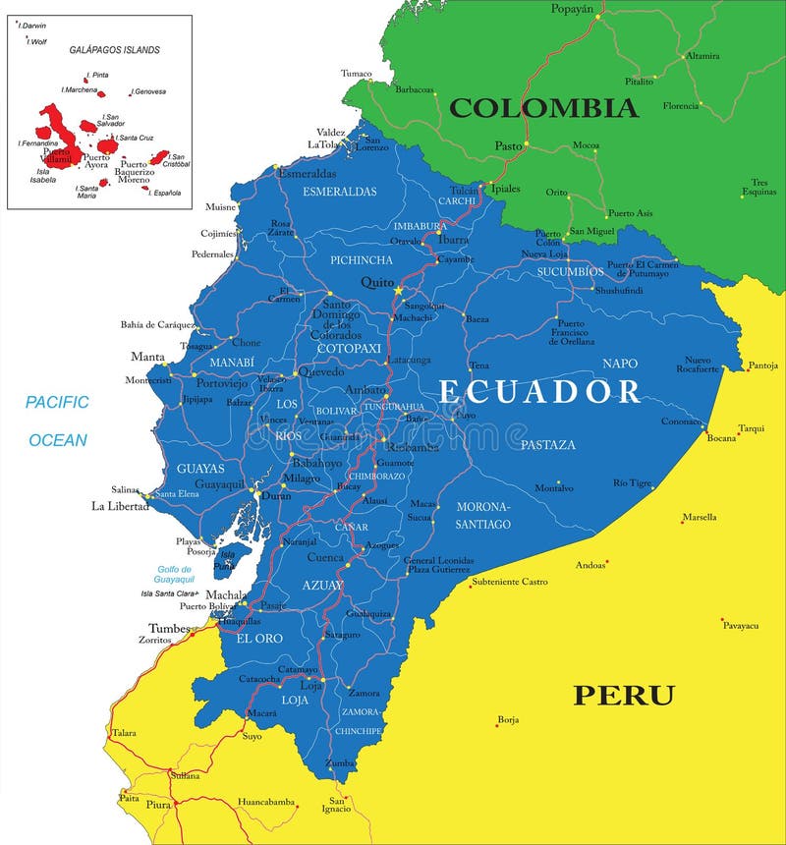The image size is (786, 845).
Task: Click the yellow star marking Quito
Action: [x=399, y=291]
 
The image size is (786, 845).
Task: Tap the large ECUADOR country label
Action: [x=539, y=391]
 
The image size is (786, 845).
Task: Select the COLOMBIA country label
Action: [x=543, y=107]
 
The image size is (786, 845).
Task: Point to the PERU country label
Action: [x=624, y=696]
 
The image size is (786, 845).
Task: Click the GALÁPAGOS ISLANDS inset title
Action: [x=114, y=49]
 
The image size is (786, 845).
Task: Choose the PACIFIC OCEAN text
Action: [x=57, y=421]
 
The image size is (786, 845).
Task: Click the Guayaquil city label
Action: [x=220, y=484]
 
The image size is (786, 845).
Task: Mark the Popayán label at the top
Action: [x=573, y=9]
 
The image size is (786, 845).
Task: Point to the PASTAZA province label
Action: [x=548, y=445]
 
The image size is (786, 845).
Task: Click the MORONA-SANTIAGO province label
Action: [x=482, y=515]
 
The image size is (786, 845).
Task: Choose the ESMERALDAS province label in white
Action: [x=340, y=191]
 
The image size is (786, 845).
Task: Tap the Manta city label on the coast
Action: [x=147, y=356]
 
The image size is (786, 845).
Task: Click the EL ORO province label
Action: [x=258, y=638]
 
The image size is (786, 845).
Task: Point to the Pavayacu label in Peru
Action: [x=740, y=624]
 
